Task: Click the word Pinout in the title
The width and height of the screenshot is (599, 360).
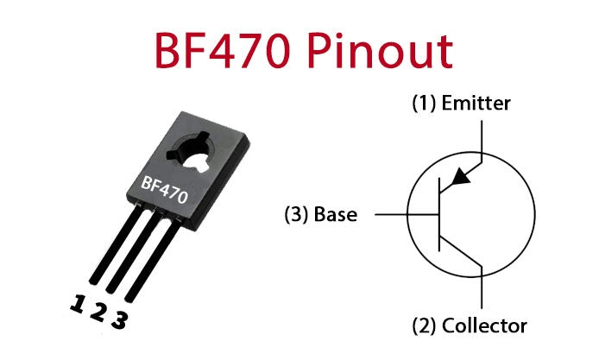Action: [x=385, y=51]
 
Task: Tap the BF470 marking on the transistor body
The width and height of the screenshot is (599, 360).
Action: [x=164, y=186]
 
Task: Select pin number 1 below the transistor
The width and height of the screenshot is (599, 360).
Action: [x=79, y=305]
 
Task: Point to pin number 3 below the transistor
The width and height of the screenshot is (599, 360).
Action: [x=119, y=320]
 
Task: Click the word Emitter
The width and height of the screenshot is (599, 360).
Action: [x=476, y=104]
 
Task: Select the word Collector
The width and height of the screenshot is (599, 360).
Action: [x=483, y=325]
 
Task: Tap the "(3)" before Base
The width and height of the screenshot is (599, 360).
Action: [x=298, y=214]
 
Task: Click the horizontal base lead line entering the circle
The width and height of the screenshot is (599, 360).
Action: [x=406, y=214]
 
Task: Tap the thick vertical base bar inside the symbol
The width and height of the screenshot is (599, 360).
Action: [x=440, y=213]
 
